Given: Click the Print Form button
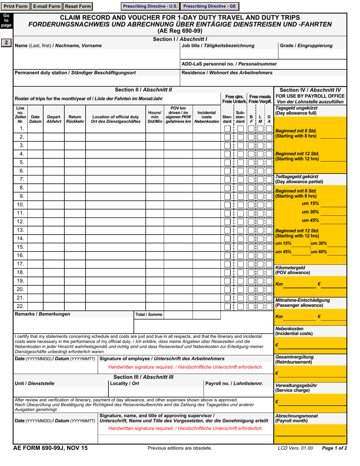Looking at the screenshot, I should coord(16,6).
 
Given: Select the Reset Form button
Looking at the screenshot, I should coord(78,6).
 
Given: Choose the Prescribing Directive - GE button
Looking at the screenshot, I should coord(210,6).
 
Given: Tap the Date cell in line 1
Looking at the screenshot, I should coord(35,128).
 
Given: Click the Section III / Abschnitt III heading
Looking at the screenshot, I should coord(143,377).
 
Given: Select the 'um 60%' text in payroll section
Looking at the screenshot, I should coord(319,252).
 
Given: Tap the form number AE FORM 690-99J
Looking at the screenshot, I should coord(50,448).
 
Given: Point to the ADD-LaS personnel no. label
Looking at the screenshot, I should coord(229,64).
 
